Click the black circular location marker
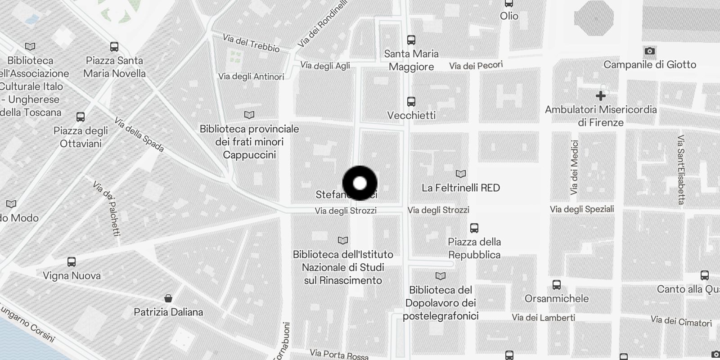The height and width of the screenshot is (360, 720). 360,183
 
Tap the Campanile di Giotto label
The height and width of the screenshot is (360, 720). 649,65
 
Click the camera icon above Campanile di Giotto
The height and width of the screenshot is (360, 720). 649,51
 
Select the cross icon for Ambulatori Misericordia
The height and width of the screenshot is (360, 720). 600,96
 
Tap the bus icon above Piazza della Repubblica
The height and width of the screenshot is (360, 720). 474,228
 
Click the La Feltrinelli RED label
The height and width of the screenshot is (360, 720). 461,188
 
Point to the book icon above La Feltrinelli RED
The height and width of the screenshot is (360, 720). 461,174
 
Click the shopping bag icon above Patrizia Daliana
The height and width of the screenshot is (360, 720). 168,298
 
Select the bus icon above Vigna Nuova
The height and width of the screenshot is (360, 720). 72,262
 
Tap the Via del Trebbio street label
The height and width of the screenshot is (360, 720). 251,43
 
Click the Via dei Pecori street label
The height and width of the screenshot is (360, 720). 476,66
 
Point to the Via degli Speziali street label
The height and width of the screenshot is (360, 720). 582,209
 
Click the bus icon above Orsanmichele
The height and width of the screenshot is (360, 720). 557,285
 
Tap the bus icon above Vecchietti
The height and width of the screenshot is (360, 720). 411,101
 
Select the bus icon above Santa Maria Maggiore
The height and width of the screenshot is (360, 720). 411,40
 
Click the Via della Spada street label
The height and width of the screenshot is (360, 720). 139,135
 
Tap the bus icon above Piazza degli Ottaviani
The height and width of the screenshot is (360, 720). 81,117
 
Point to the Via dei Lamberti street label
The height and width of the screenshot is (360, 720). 543,318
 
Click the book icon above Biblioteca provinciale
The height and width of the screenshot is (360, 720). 249,115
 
